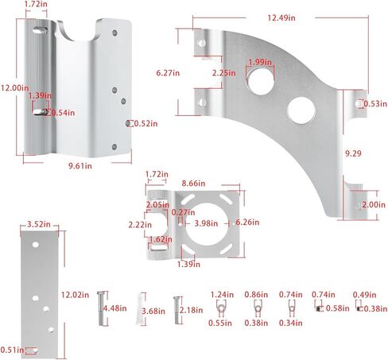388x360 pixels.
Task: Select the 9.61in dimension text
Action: point(79,165)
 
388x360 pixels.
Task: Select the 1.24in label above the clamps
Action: point(222,294)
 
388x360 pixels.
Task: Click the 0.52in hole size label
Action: point(145,123)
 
